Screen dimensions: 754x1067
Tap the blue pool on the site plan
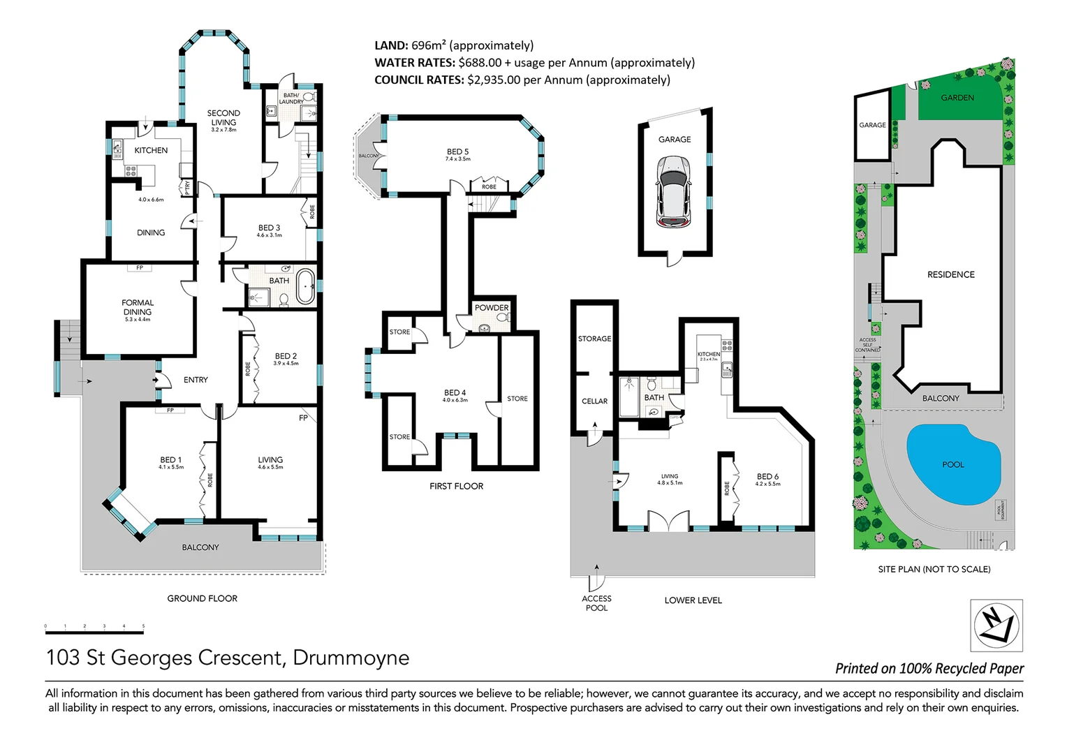[x=952, y=464]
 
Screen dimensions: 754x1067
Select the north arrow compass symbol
[x=996, y=625]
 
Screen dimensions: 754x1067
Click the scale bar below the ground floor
[x=94, y=632]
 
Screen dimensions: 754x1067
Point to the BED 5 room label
[x=457, y=151]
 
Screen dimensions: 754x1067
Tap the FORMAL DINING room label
[x=138, y=308]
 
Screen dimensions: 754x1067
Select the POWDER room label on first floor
[x=492, y=307]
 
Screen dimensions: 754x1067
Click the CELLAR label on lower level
[x=594, y=401]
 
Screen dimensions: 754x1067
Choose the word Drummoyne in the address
[x=351, y=658]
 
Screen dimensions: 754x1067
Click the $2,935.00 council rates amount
[x=494, y=80]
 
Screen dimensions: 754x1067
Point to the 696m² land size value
[x=429, y=45]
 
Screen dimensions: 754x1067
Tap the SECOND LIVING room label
[x=223, y=117]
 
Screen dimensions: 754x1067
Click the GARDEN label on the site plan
[x=957, y=98]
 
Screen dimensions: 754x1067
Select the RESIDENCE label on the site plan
[x=950, y=274]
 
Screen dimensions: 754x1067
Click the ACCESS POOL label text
[x=596, y=603]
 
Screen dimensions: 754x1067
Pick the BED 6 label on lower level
[x=767, y=477]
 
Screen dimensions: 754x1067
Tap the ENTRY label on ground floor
[x=196, y=380]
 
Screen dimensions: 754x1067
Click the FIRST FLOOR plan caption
[x=456, y=486]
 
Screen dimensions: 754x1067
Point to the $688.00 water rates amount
[x=480, y=63]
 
